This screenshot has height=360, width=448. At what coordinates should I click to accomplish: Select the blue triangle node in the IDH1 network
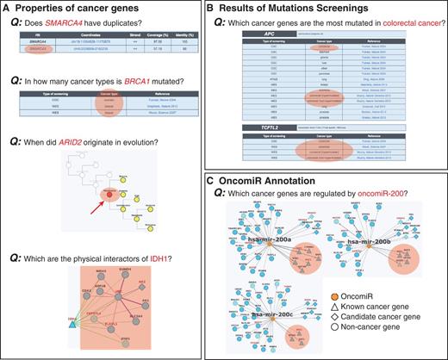click(x=64, y=317)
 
